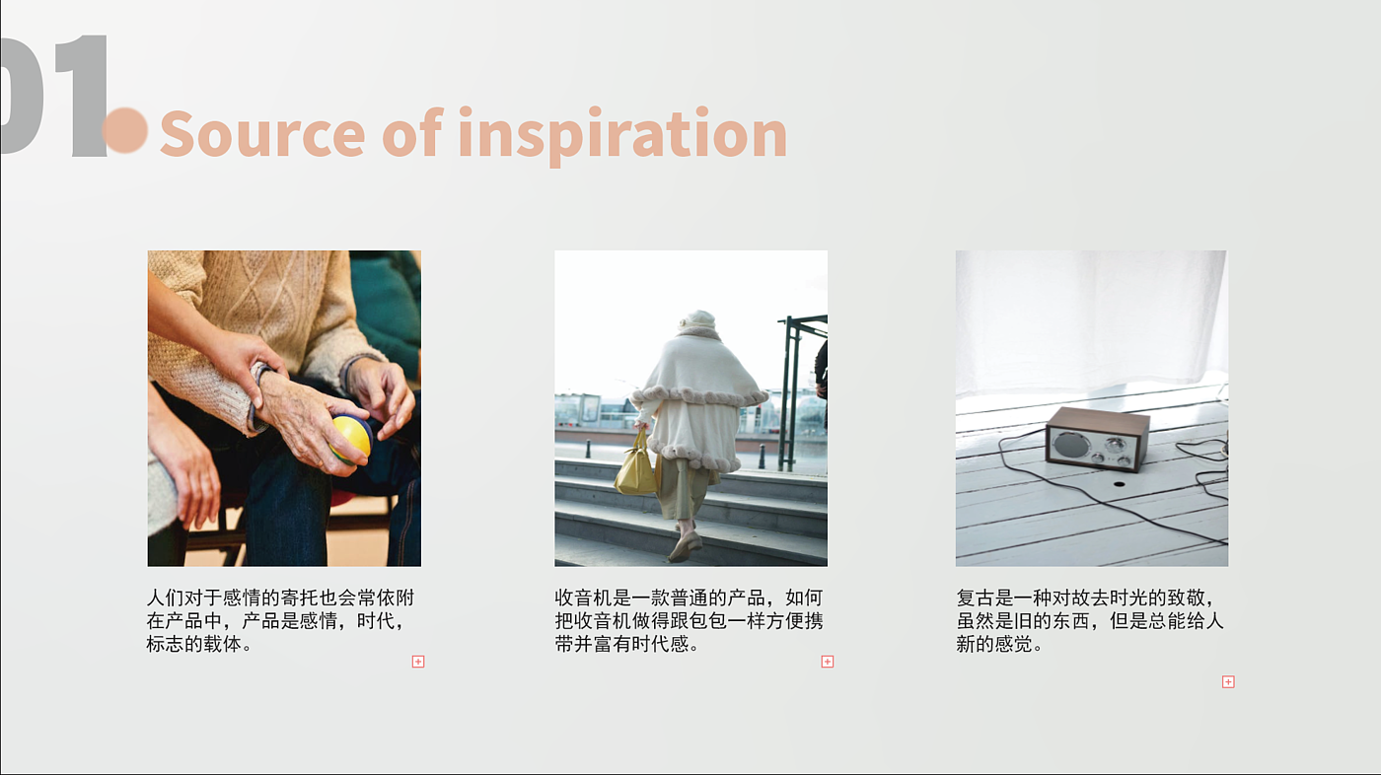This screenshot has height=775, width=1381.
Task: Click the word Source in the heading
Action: coord(262,134)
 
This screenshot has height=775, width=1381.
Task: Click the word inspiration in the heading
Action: coord(622,135)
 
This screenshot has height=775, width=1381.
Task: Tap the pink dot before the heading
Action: coord(125,130)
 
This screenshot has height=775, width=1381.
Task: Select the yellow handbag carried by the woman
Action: coord(636,465)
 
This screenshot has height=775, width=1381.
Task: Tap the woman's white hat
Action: coord(698,320)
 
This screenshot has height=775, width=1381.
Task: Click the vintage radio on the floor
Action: coord(1097,439)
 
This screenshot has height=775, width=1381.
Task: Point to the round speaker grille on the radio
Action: coord(1070,444)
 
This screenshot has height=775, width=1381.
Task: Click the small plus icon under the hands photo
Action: coord(418,662)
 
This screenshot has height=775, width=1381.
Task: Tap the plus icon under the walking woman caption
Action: coord(828,662)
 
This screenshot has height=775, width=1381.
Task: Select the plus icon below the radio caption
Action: coord(1228,682)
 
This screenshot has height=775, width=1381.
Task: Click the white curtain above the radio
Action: coord(1090,320)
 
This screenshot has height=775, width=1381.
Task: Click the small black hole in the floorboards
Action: coord(1119,483)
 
